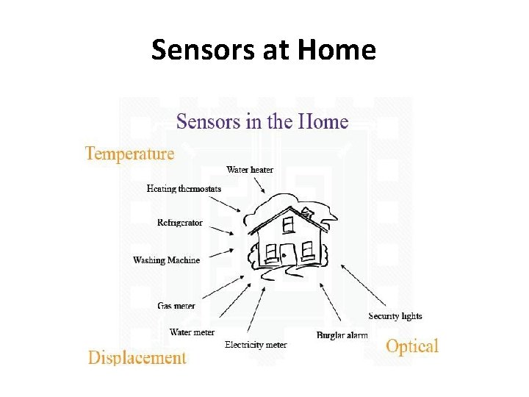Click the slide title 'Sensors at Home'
tap(264, 50)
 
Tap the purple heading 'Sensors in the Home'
tap(262, 121)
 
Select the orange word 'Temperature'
tap(129, 154)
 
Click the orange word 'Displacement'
tap(137, 358)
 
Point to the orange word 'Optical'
tap(412, 346)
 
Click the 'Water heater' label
tap(250, 170)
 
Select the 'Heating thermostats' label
tap(184, 189)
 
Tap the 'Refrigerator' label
tap(180, 223)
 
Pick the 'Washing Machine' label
tap(166, 260)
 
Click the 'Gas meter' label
tap(176, 306)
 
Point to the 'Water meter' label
tap(192, 332)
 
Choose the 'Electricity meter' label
tap(256, 345)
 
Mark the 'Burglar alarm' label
tap(342, 335)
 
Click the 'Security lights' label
tap(395, 316)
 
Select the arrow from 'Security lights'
tap(364, 287)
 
